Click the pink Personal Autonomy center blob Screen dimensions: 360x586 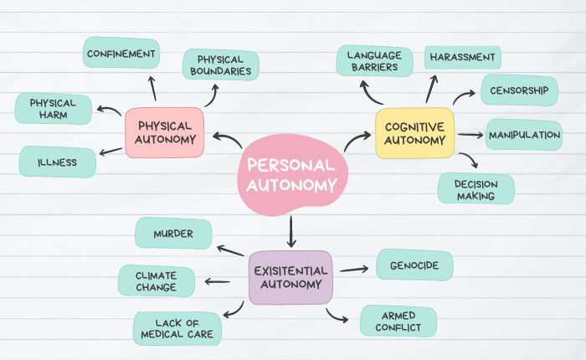pos(291,174)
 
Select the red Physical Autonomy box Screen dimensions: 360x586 pos(164,132)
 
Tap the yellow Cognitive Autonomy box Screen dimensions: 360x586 pos(414,133)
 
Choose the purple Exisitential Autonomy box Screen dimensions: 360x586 pos(290,277)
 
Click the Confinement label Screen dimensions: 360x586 pos(121,54)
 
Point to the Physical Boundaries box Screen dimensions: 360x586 pos(221,65)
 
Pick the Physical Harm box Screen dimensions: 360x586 pos(53,109)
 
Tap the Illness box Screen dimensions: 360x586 pos(57,162)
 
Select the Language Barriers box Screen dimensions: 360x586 pos(374,61)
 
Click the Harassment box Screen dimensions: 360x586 pos(462,57)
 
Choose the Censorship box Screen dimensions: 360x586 pos(520,90)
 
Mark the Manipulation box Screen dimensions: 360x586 pos(524,135)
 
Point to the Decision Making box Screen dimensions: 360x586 pos(475,189)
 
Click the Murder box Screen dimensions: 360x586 pos(173,234)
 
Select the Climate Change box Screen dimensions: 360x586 pos(157,281)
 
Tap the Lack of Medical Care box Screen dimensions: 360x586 pos(177,328)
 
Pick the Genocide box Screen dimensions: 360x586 pos(414,265)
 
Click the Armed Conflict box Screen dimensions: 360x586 pos(398,321)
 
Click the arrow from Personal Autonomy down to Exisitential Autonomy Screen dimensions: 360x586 pos(291,231)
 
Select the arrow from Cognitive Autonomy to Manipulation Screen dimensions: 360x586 pos(472,134)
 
